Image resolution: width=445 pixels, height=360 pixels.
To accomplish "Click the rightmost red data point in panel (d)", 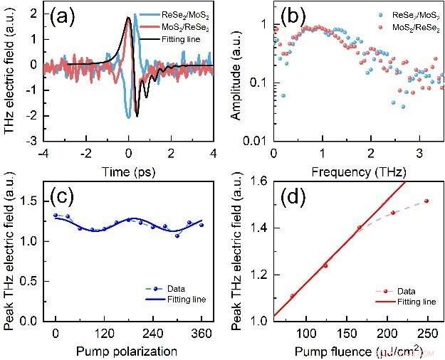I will click(x=426, y=201).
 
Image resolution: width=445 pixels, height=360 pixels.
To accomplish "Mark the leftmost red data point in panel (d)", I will click(x=293, y=296).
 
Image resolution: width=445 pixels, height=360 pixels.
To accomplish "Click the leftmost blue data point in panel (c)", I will click(x=56, y=215).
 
